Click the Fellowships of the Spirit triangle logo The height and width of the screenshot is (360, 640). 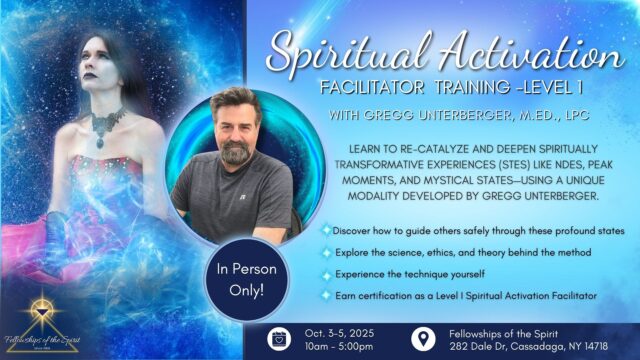pos(42,310)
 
